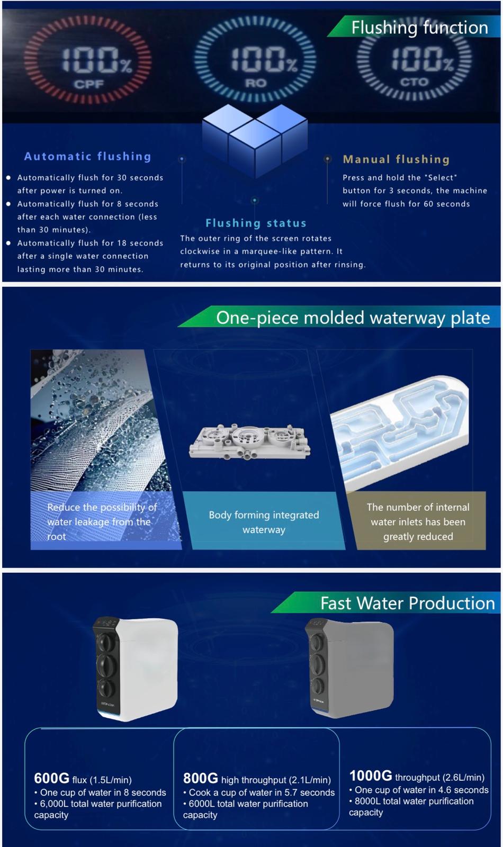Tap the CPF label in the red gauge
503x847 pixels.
(89, 84)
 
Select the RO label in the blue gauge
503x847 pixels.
(256, 83)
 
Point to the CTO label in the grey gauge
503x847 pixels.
(414, 82)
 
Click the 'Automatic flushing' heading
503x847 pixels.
(88, 156)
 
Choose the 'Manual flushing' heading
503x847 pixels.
(397, 159)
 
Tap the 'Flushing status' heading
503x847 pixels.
(256, 223)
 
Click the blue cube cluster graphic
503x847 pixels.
(255, 141)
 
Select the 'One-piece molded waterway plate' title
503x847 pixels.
(353, 318)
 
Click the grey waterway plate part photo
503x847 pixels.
(249, 441)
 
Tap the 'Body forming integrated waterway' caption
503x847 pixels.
(264, 522)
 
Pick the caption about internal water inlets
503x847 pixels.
(418, 521)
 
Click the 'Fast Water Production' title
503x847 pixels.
(408, 603)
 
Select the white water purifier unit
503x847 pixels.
(135, 669)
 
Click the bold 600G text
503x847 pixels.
(52, 779)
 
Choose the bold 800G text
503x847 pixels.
(201, 779)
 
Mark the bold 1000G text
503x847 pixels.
(371, 776)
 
